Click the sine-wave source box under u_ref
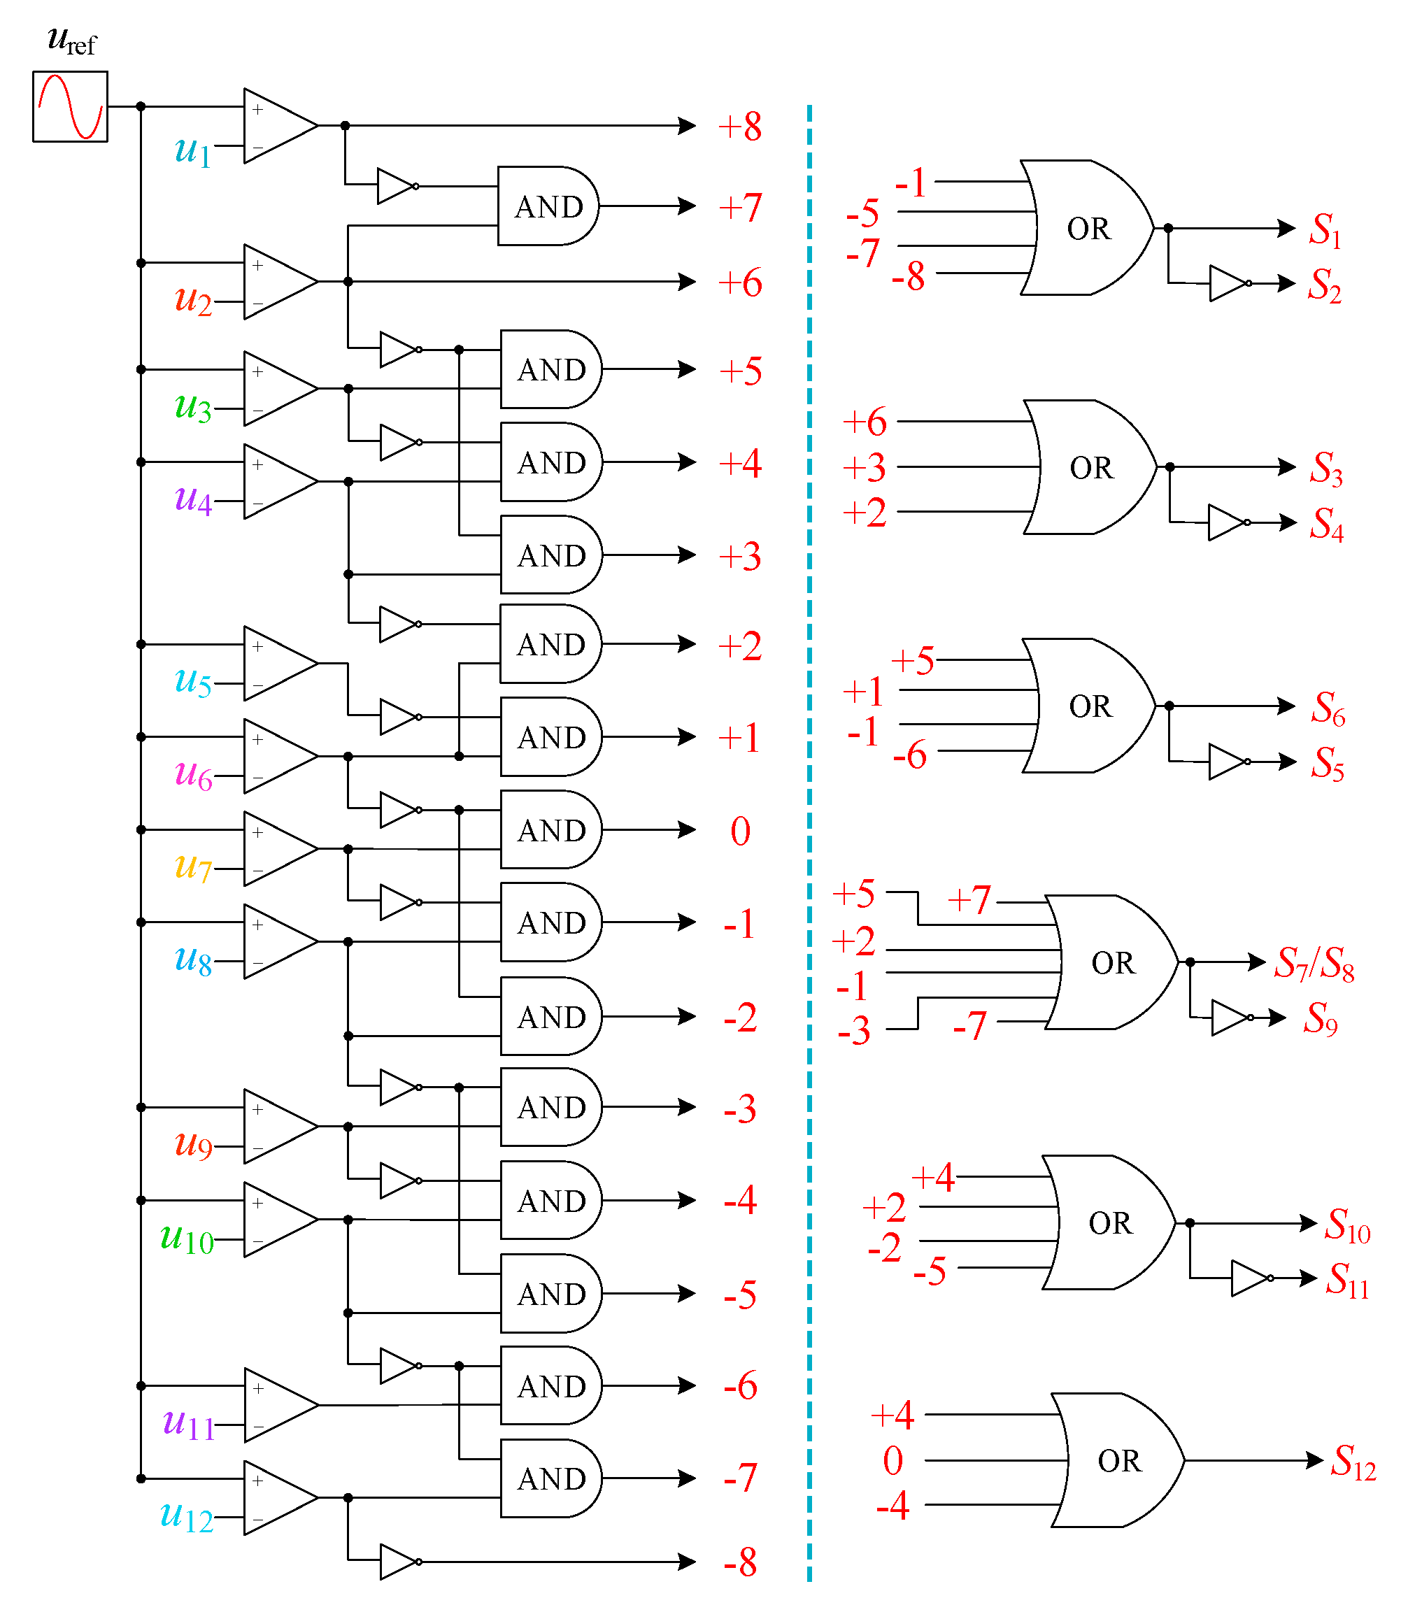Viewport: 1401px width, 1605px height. click(x=69, y=106)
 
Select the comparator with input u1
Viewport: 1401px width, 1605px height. click(x=278, y=125)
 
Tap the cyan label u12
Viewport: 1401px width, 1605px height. click(x=186, y=1516)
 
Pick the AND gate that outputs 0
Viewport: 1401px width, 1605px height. click(x=550, y=829)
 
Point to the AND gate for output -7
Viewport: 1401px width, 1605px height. click(x=550, y=1478)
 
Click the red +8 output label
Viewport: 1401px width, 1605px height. click(x=739, y=126)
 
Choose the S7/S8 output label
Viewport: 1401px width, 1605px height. click(x=1314, y=962)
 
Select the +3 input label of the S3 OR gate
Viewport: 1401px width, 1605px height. click(x=865, y=467)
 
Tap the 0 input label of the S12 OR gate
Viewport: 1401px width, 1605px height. click(x=892, y=1460)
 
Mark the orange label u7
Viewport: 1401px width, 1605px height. click(x=192, y=866)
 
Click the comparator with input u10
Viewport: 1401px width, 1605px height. click(x=278, y=1220)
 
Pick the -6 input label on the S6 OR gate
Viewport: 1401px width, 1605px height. click(x=909, y=755)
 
